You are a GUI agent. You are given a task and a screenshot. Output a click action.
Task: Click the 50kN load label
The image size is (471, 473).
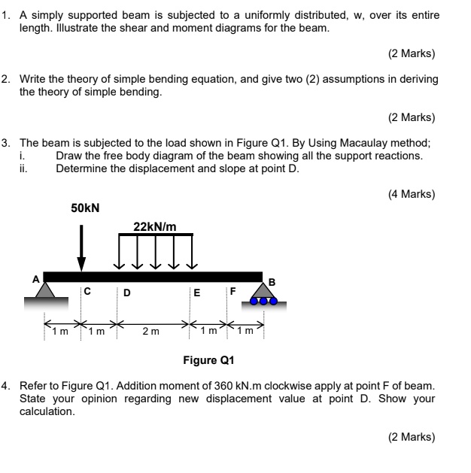[x=85, y=207]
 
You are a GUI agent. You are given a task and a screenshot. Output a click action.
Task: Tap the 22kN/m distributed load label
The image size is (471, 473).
[x=155, y=226]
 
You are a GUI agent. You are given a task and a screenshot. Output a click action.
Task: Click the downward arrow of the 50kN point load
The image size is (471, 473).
[x=81, y=248]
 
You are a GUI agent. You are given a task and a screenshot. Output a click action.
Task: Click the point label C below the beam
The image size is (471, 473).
[x=88, y=292]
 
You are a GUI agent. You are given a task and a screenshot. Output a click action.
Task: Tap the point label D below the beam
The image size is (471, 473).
[x=126, y=293]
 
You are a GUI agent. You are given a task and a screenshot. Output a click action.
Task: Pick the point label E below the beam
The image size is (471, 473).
[x=196, y=293]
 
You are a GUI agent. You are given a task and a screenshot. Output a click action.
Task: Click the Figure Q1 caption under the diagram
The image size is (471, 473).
[x=210, y=359]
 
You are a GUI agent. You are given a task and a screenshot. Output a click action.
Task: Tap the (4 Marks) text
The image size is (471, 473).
[x=412, y=193]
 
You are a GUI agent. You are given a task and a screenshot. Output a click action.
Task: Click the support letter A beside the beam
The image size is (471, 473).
[x=35, y=278]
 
